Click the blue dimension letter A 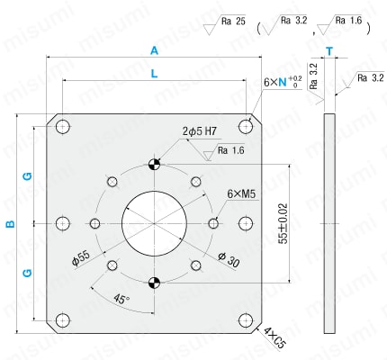(x=154, y=50)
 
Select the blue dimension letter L (x=154, y=74)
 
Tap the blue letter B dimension (x=11, y=224)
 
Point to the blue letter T (x=329, y=51)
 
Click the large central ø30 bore (x=154, y=224)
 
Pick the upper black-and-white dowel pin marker (x=154, y=164)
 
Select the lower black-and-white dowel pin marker (x=154, y=283)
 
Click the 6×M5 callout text (x=241, y=194)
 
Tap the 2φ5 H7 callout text (x=200, y=131)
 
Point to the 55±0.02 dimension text (x=283, y=223)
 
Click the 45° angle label (x=121, y=299)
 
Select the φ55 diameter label (x=81, y=258)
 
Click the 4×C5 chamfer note (x=274, y=338)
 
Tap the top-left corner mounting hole (x=63, y=127)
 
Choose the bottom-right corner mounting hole (x=246, y=320)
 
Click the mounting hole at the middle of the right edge (x=246, y=224)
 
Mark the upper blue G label (x=27, y=176)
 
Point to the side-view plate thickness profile (x=329, y=223)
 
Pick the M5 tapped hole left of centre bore (x=95, y=223)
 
